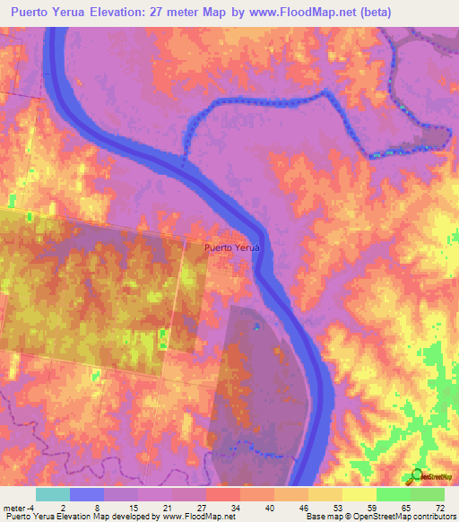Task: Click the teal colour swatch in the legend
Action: tap(53, 494)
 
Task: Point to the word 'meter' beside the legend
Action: tap(13, 508)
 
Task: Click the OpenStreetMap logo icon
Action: tap(416, 476)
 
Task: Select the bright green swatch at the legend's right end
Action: tap(428, 494)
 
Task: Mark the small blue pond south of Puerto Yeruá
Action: tap(256, 326)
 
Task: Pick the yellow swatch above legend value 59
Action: tap(359, 494)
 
